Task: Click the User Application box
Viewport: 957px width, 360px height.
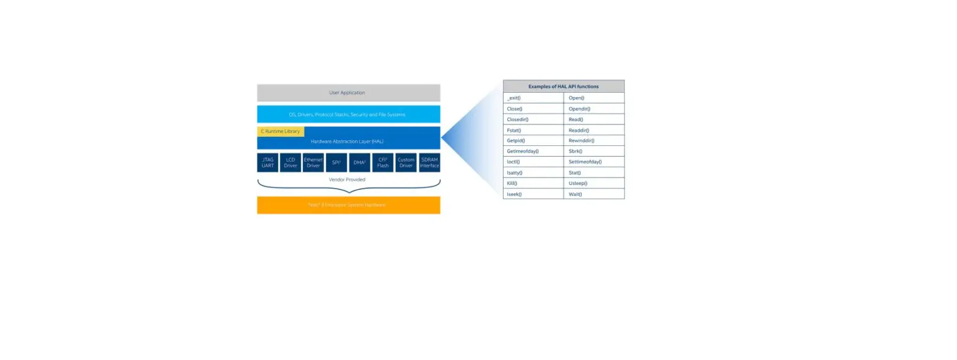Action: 348,93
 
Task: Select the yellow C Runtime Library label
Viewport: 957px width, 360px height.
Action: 280,131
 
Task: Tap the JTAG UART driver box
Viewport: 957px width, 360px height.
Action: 267,163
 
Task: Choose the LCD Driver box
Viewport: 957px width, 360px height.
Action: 291,163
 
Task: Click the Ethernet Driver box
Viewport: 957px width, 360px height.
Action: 313,163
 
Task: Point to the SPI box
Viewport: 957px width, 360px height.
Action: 336,163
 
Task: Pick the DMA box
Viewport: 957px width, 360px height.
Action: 359,163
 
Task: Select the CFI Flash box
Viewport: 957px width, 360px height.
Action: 383,163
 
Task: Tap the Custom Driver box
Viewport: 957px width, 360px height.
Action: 406,163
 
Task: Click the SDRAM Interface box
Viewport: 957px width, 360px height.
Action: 429,163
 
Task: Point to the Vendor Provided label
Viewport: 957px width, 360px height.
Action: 347,180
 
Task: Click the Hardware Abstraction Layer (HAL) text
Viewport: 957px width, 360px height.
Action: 347,142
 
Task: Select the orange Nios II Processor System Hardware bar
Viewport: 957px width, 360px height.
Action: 348,205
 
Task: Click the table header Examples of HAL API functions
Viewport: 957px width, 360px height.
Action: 563,87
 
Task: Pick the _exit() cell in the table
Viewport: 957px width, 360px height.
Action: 533,98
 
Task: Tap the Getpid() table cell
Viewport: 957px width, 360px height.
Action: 533,140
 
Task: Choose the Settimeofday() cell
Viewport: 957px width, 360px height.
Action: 593,162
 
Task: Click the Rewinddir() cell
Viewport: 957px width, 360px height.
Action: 593,140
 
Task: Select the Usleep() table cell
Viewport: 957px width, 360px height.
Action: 593,183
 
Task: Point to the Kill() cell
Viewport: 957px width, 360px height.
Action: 533,183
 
